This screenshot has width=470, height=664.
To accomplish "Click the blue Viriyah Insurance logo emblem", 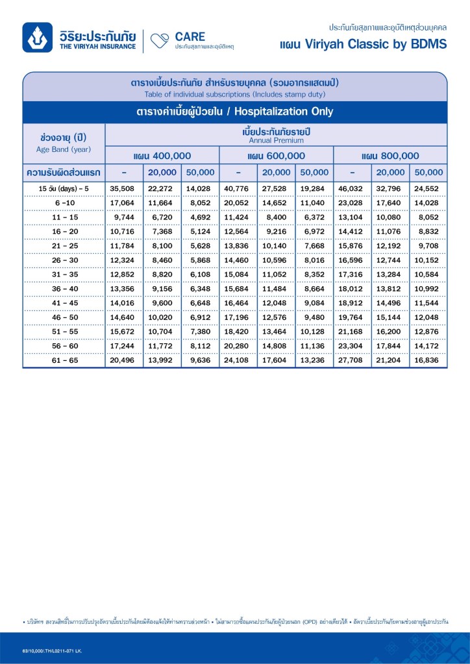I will [38, 37].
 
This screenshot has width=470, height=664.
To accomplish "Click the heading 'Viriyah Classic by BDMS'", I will [363, 44].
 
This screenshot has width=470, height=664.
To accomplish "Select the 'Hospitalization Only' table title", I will [234, 111].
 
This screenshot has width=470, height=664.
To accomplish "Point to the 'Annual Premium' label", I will [276, 140].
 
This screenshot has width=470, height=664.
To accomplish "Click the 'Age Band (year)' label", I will [63, 149].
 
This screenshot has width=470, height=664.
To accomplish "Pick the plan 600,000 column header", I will [276, 156].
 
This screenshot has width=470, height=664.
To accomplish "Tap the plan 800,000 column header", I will [390, 156].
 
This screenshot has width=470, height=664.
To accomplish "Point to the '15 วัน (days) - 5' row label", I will [63, 189].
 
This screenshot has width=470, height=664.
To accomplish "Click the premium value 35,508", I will [121, 189].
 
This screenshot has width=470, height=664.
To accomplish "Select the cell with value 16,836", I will [428, 360].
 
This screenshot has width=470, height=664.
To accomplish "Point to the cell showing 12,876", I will [428, 332].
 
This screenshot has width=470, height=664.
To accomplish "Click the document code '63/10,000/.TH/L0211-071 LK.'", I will [52, 650].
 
